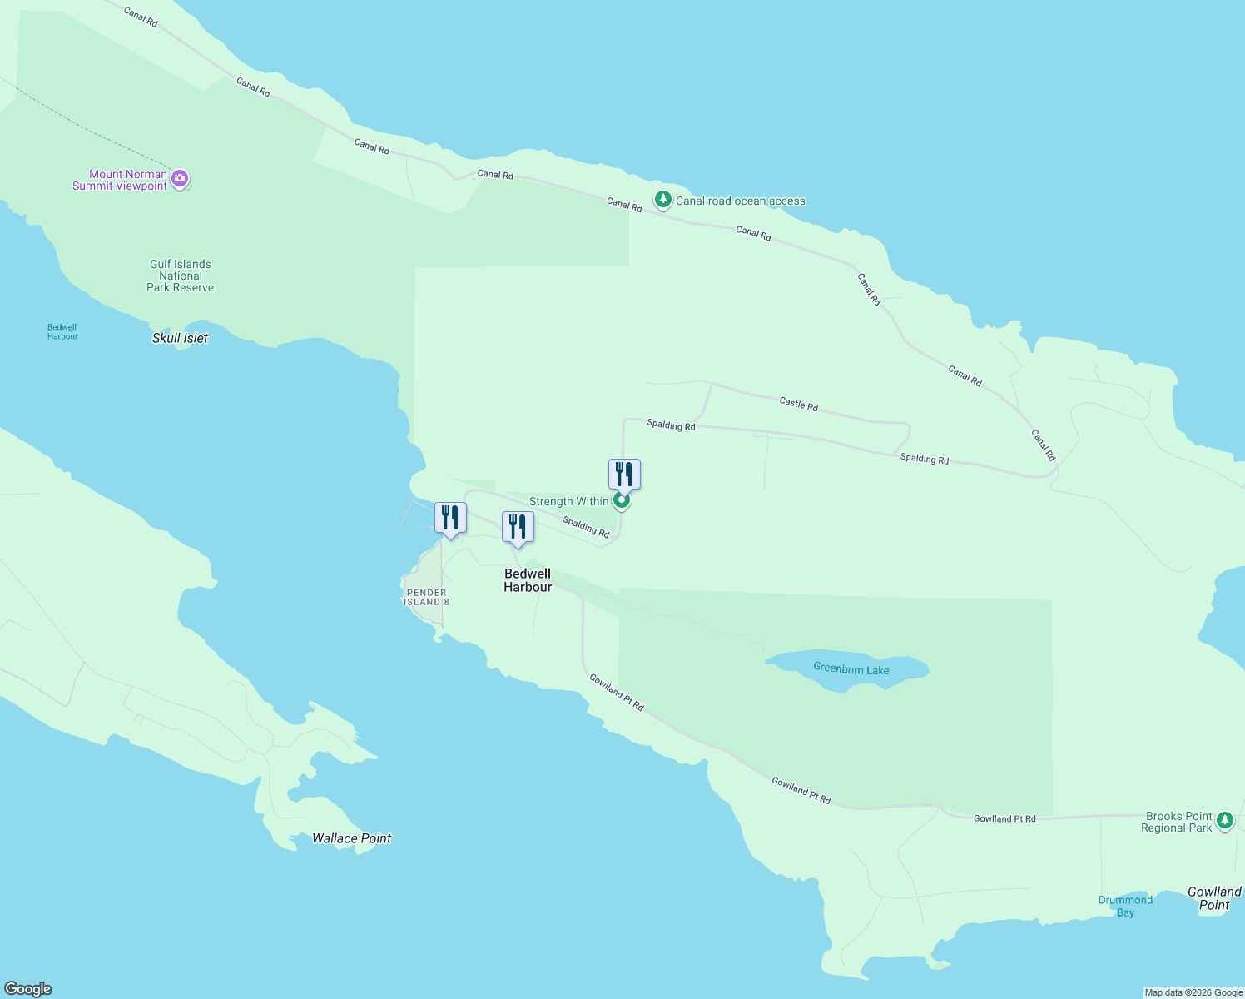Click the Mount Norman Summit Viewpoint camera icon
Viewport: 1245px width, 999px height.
coord(180,179)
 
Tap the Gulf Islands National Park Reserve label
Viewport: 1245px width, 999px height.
coord(181,276)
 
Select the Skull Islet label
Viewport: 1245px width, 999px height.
coord(180,338)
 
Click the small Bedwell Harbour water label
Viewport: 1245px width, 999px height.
coord(62,331)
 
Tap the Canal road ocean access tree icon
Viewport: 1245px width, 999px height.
coord(662,200)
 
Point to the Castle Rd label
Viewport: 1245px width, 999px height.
coord(798,404)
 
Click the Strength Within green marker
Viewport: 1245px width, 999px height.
coord(621,500)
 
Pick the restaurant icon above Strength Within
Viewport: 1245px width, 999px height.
coord(624,475)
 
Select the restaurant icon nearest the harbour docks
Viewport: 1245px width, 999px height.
coord(450,518)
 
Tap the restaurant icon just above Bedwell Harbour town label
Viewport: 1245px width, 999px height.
coord(518,527)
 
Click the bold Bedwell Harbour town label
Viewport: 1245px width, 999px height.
coord(528,580)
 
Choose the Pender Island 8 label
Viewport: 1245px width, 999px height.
coord(426,597)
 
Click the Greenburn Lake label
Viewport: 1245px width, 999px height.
coord(851,669)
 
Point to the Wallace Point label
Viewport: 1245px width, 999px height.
coord(351,838)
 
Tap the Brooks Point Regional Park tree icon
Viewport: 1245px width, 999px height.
coord(1224,821)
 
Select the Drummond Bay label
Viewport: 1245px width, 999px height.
coord(1125,906)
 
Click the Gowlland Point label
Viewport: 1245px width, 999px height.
coord(1214,898)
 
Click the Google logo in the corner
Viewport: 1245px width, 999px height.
coord(28,989)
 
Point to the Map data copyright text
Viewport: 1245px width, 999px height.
coord(1193,992)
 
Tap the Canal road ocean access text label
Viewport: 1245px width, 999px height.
coord(741,201)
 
